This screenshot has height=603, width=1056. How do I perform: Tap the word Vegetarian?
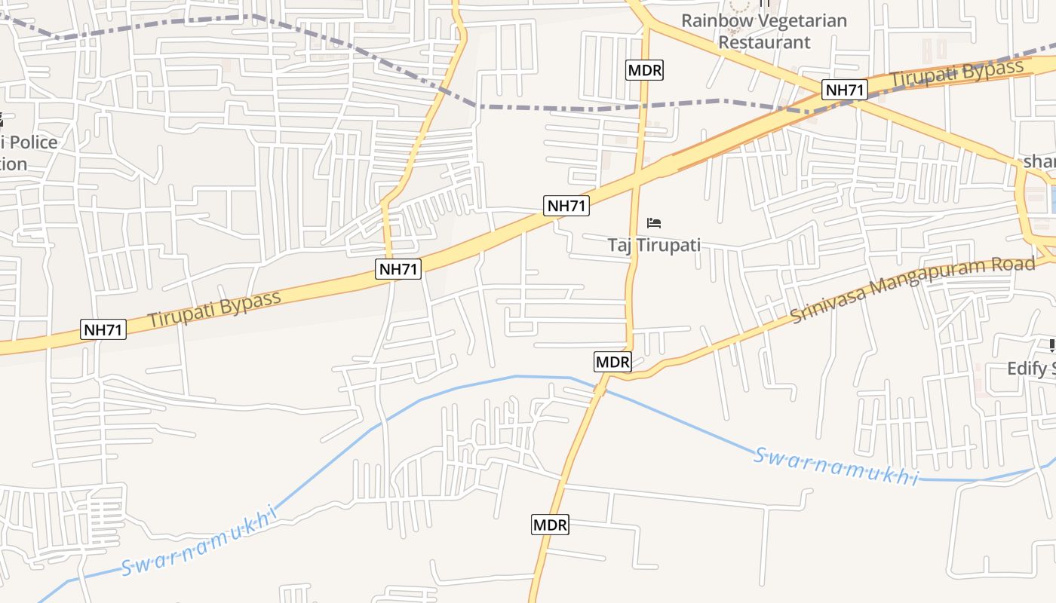pos(802,20)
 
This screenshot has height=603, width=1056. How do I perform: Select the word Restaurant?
pos(764,41)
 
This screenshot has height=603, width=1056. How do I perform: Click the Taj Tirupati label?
pos(654,245)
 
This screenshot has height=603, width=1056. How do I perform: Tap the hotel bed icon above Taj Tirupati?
pos(654,223)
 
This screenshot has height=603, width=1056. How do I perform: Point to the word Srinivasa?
pos(825,305)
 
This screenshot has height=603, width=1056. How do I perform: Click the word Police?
pos(32,142)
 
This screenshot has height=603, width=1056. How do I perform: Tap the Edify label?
pos(1030,369)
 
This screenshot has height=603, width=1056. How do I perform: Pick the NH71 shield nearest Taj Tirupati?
pos(566,206)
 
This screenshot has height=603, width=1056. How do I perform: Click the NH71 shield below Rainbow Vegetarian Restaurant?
pos(845,90)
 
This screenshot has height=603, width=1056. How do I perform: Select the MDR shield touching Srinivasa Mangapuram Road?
pos(612,362)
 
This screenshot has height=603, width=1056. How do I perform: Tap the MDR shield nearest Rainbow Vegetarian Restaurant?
pos(645,71)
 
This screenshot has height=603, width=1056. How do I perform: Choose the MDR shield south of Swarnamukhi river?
pos(550,525)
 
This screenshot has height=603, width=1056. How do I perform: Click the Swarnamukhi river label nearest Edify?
pos(837,467)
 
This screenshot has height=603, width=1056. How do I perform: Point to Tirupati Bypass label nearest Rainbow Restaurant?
pos(957,73)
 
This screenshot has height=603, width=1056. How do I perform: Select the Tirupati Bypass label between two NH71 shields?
pos(215,308)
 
